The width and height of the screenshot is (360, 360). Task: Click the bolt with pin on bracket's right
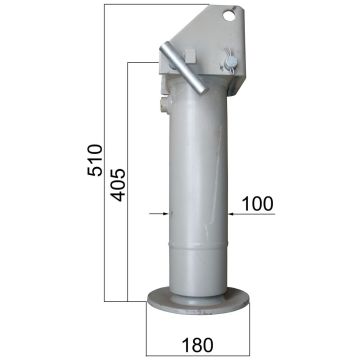pos(232,63)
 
